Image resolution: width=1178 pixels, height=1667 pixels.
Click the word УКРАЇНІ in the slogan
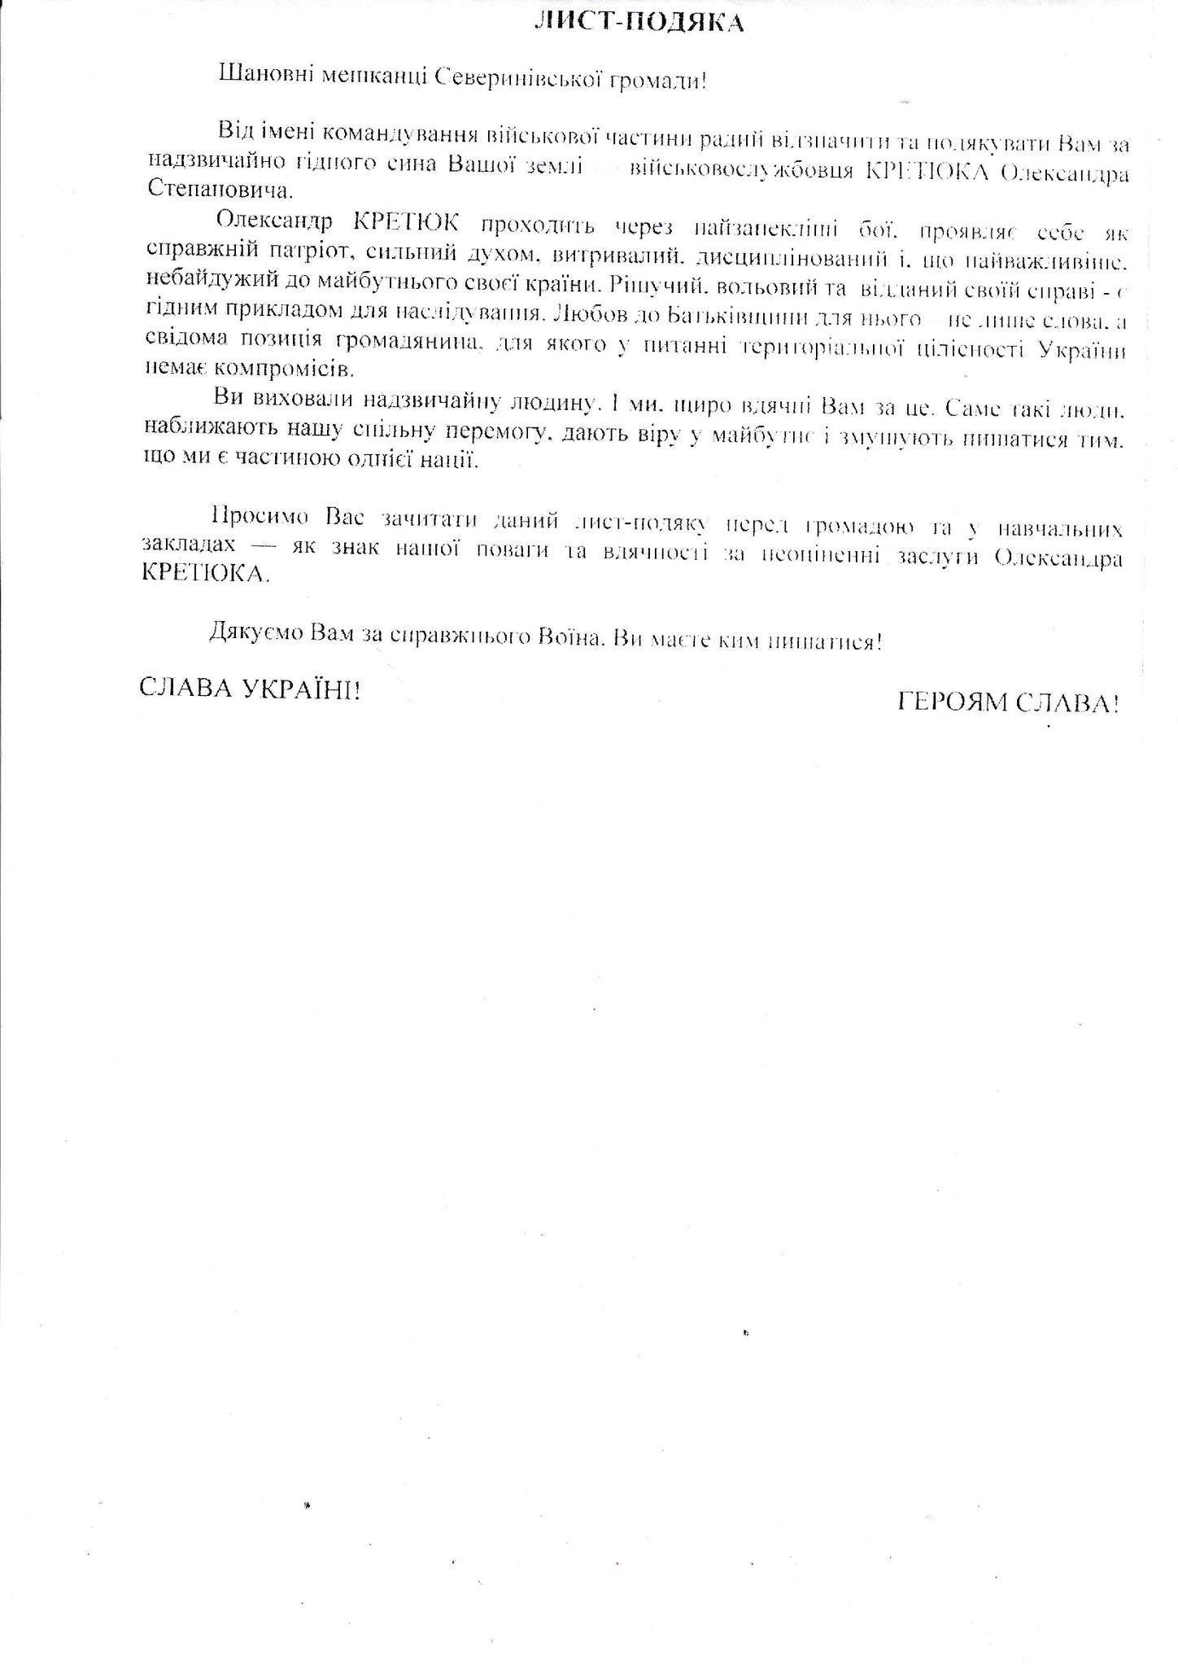301,689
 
